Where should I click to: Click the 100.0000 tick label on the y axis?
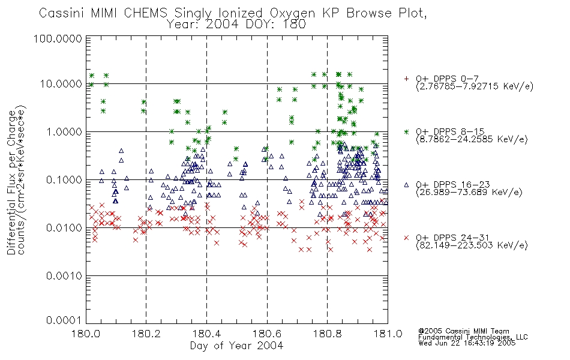tap(58, 38)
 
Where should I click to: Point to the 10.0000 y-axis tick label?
tap(61, 84)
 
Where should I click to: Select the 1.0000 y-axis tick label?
tap(64, 131)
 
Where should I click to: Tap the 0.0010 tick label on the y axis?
tap(64, 276)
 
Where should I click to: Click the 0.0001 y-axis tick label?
tap(64, 320)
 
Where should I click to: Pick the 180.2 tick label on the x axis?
tap(146, 334)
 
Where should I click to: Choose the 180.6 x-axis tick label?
tap(267, 334)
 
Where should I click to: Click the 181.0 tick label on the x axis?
tap(388, 334)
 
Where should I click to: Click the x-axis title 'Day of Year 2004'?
tap(236, 346)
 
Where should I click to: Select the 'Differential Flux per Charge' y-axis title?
tap(11, 182)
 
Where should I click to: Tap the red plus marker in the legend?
tap(406, 79)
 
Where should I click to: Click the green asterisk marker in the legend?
tap(406, 131)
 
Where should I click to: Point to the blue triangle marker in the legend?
tap(406, 185)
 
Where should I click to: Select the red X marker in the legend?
tap(406, 238)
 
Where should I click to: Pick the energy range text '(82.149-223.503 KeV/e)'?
tap(472, 245)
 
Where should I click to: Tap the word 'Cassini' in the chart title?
tap(61, 13)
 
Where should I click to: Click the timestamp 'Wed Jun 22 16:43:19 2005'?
tap(467, 343)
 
